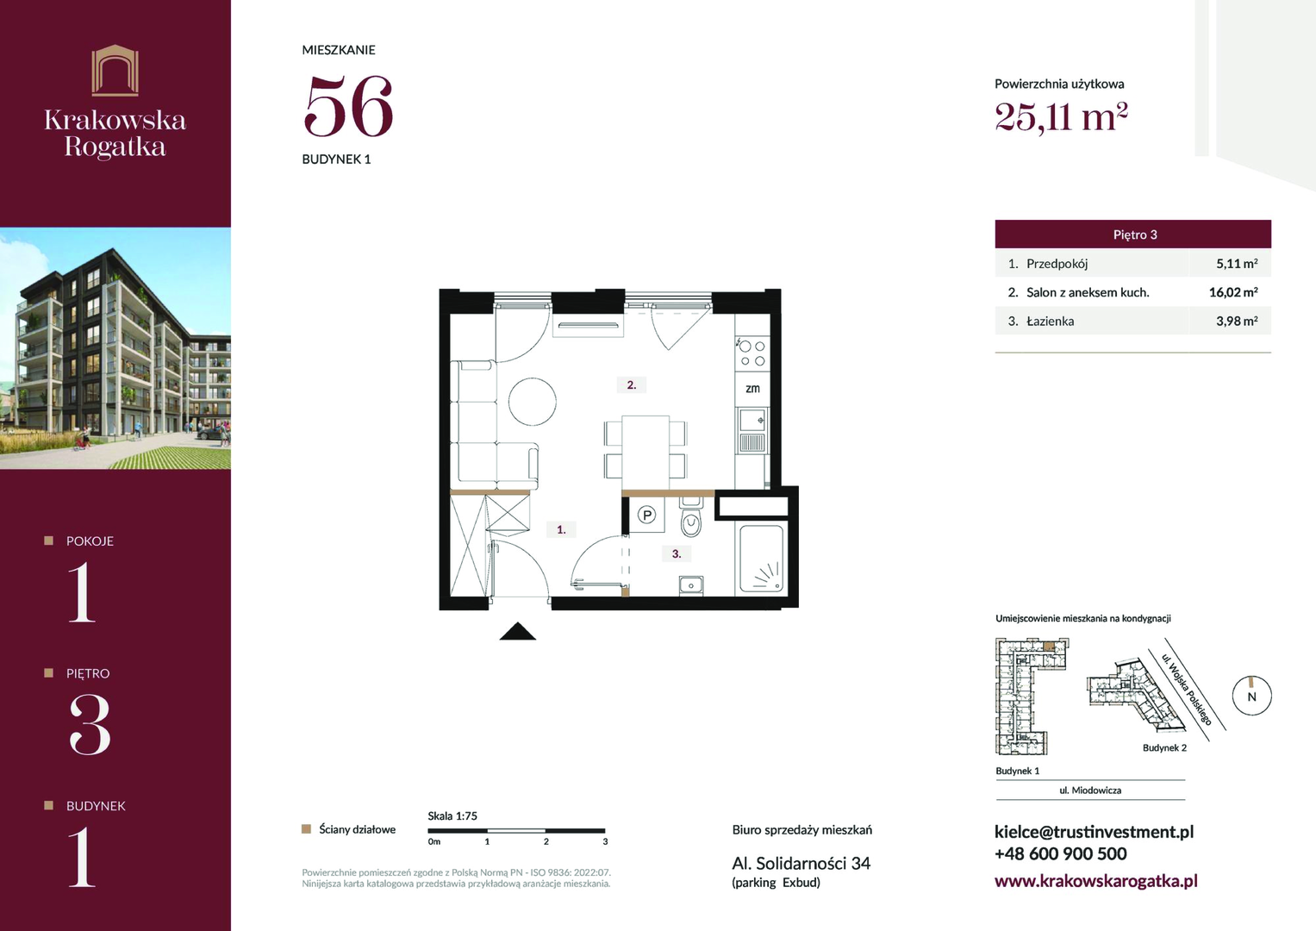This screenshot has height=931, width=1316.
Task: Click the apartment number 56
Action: click(348, 106)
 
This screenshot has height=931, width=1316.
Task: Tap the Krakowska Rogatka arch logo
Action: click(115, 71)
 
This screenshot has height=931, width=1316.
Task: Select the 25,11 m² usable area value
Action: click(1061, 117)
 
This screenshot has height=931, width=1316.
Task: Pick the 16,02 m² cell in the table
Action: click(1233, 292)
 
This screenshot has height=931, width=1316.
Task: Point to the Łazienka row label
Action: click(1050, 321)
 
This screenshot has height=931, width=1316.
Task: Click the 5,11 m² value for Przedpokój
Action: click(1237, 263)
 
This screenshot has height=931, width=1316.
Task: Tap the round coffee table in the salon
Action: click(533, 402)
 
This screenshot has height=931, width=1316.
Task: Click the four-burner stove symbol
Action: click(752, 353)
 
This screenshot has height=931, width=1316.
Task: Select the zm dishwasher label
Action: click(752, 389)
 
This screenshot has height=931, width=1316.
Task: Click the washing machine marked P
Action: click(647, 515)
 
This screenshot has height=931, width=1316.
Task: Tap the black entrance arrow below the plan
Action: click(518, 631)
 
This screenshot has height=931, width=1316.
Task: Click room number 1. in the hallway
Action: click(561, 529)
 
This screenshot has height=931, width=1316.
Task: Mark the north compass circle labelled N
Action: click(1252, 696)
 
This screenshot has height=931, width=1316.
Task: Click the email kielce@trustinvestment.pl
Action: click(1094, 832)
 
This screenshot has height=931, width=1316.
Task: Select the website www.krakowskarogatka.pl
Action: click(1095, 880)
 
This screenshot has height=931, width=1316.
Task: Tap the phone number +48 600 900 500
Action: click(1060, 853)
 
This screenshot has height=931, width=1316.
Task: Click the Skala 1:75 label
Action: click(452, 815)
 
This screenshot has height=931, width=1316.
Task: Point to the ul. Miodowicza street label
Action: click(1090, 790)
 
